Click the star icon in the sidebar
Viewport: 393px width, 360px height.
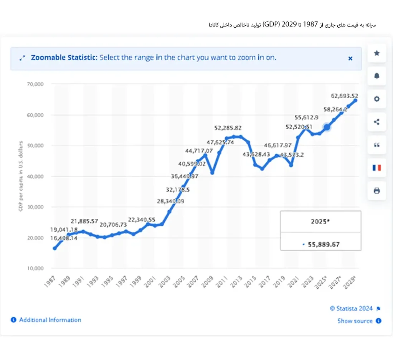point(376,53)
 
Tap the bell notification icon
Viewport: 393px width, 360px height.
point(376,76)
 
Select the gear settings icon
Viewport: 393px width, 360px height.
point(376,99)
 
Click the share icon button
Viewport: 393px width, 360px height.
point(376,122)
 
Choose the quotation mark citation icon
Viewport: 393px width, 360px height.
point(376,145)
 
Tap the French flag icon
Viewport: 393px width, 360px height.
point(376,168)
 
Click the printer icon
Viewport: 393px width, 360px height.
point(376,191)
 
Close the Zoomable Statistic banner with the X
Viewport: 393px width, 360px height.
point(350,58)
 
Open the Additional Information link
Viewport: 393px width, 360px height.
point(50,320)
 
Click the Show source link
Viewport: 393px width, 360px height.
point(355,321)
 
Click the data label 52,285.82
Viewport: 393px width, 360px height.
point(228,128)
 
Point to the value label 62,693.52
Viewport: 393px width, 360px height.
point(345,96)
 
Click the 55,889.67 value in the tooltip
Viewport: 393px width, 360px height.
point(324,244)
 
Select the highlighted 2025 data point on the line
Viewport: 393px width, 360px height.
point(327,127)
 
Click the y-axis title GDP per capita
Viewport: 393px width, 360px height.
point(21,176)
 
